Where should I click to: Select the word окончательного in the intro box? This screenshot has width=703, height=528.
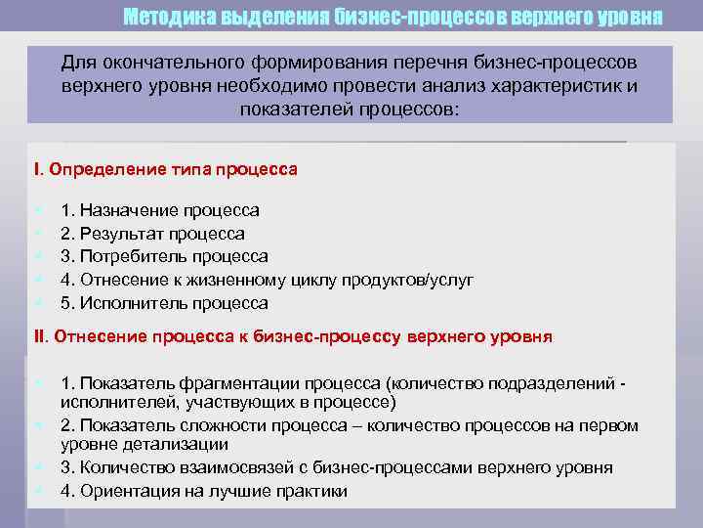tap(167, 63)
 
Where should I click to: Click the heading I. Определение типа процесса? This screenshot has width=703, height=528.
tap(166, 169)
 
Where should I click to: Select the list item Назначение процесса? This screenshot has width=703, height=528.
tap(160, 210)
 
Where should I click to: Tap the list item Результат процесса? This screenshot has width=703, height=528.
tap(152, 234)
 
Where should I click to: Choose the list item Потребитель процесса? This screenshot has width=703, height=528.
tap(164, 257)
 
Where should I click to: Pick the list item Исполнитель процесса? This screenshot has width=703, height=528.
tap(164, 303)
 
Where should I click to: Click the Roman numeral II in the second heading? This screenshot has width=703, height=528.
tap(40, 337)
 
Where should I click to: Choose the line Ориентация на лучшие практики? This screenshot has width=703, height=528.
tap(203, 491)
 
